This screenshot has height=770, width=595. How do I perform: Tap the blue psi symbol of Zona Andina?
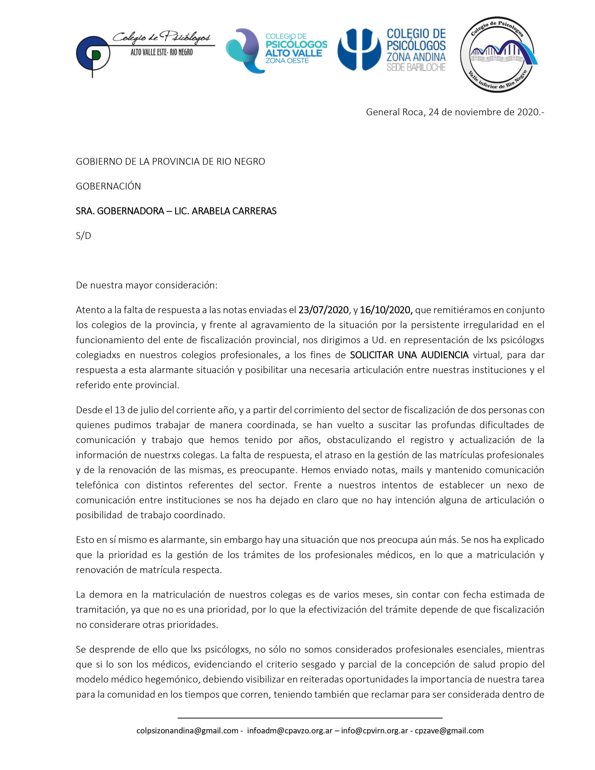point(359,49)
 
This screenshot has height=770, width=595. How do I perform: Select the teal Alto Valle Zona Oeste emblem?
point(243,50)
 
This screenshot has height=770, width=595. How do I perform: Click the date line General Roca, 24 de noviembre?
point(455,112)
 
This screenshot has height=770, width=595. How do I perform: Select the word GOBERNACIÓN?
point(108,186)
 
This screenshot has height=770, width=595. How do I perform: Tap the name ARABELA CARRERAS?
point(229,211)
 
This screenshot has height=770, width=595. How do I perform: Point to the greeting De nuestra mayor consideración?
point(147,285)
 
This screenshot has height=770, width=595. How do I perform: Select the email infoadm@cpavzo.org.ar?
point(290,731)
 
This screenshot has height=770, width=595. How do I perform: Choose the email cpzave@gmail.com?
point(449,731)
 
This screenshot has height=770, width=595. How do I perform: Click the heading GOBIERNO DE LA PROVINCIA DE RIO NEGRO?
point(170,161)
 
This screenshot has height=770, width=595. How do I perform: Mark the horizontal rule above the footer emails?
point(310,718)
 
